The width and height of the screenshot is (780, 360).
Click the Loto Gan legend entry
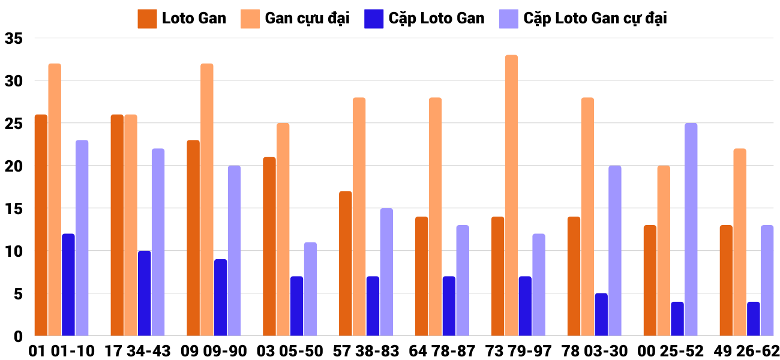click(182, 18)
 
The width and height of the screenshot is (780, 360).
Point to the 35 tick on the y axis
click(13, 38)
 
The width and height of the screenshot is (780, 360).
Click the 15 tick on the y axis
click(13, 209)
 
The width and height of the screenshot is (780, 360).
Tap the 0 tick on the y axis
click(18, 337)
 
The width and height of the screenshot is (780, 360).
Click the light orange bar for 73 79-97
click(511, 196)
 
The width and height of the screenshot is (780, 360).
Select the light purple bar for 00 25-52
click(691, 229)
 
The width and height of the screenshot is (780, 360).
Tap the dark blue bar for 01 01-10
click(68, 284)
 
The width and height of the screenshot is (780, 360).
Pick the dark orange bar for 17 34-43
click(117, 225)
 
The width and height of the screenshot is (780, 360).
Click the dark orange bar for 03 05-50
click(269, 247)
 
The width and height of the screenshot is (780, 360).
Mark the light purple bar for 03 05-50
click(310, 289)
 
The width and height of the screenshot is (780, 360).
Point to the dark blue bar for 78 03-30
click(601, 314)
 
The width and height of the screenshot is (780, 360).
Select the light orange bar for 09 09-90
click(206, 200)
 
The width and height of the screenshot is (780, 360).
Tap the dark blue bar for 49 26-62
click(754, 319)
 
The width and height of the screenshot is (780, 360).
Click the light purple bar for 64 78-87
click(463, 280)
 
